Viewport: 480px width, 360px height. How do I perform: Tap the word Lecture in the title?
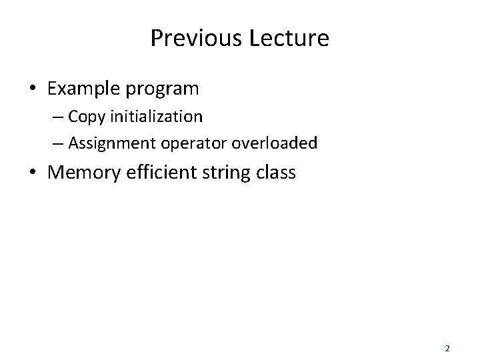[289, 38]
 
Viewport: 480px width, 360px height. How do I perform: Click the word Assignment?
[108, 143]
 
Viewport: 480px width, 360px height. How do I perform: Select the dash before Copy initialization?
[59, 117]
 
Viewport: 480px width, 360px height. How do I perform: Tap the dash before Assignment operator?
[59, 144]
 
